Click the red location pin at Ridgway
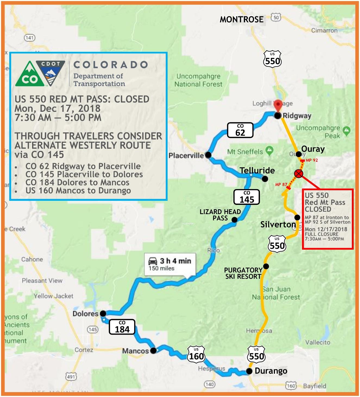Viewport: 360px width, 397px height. pyautogui.click(x=277, y=105)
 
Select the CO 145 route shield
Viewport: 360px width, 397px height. pyautogui.click(x=247, y=197)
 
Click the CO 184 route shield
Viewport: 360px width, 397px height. pyautogui.click(x=122, y=327)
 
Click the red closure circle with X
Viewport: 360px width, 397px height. pyautogui.click(x=299, y=174)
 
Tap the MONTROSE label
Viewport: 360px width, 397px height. pyautogui.click(x=242, y=20)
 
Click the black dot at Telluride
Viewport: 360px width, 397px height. pyautogui.click(x=265, y=179)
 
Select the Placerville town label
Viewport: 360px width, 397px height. pyautogui.click(x=186, y=155)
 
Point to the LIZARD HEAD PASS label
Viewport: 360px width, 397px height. pyautogui.click(x=220, y=215)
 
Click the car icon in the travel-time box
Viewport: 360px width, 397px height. pyautogui.click(x=153, y=261)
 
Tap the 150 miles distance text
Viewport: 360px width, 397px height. pyautogui.click(x=161, y=268)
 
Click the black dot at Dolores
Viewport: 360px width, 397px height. pyautogui.click(x=103, y=314)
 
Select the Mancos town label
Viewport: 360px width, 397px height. pyautogui.click(x=135, y=351)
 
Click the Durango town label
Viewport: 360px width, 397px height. pyautogui.click(x=271, y=371)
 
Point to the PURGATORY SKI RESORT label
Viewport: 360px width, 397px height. pyautogui.click(x=243, y=273)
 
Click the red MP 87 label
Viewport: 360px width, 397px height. pyautogui.click(x=281, y=185)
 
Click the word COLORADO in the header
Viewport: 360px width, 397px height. pyautogui.click(x=111, y=65)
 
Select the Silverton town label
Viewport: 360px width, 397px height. pyautogui.click(x=278, y=224)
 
